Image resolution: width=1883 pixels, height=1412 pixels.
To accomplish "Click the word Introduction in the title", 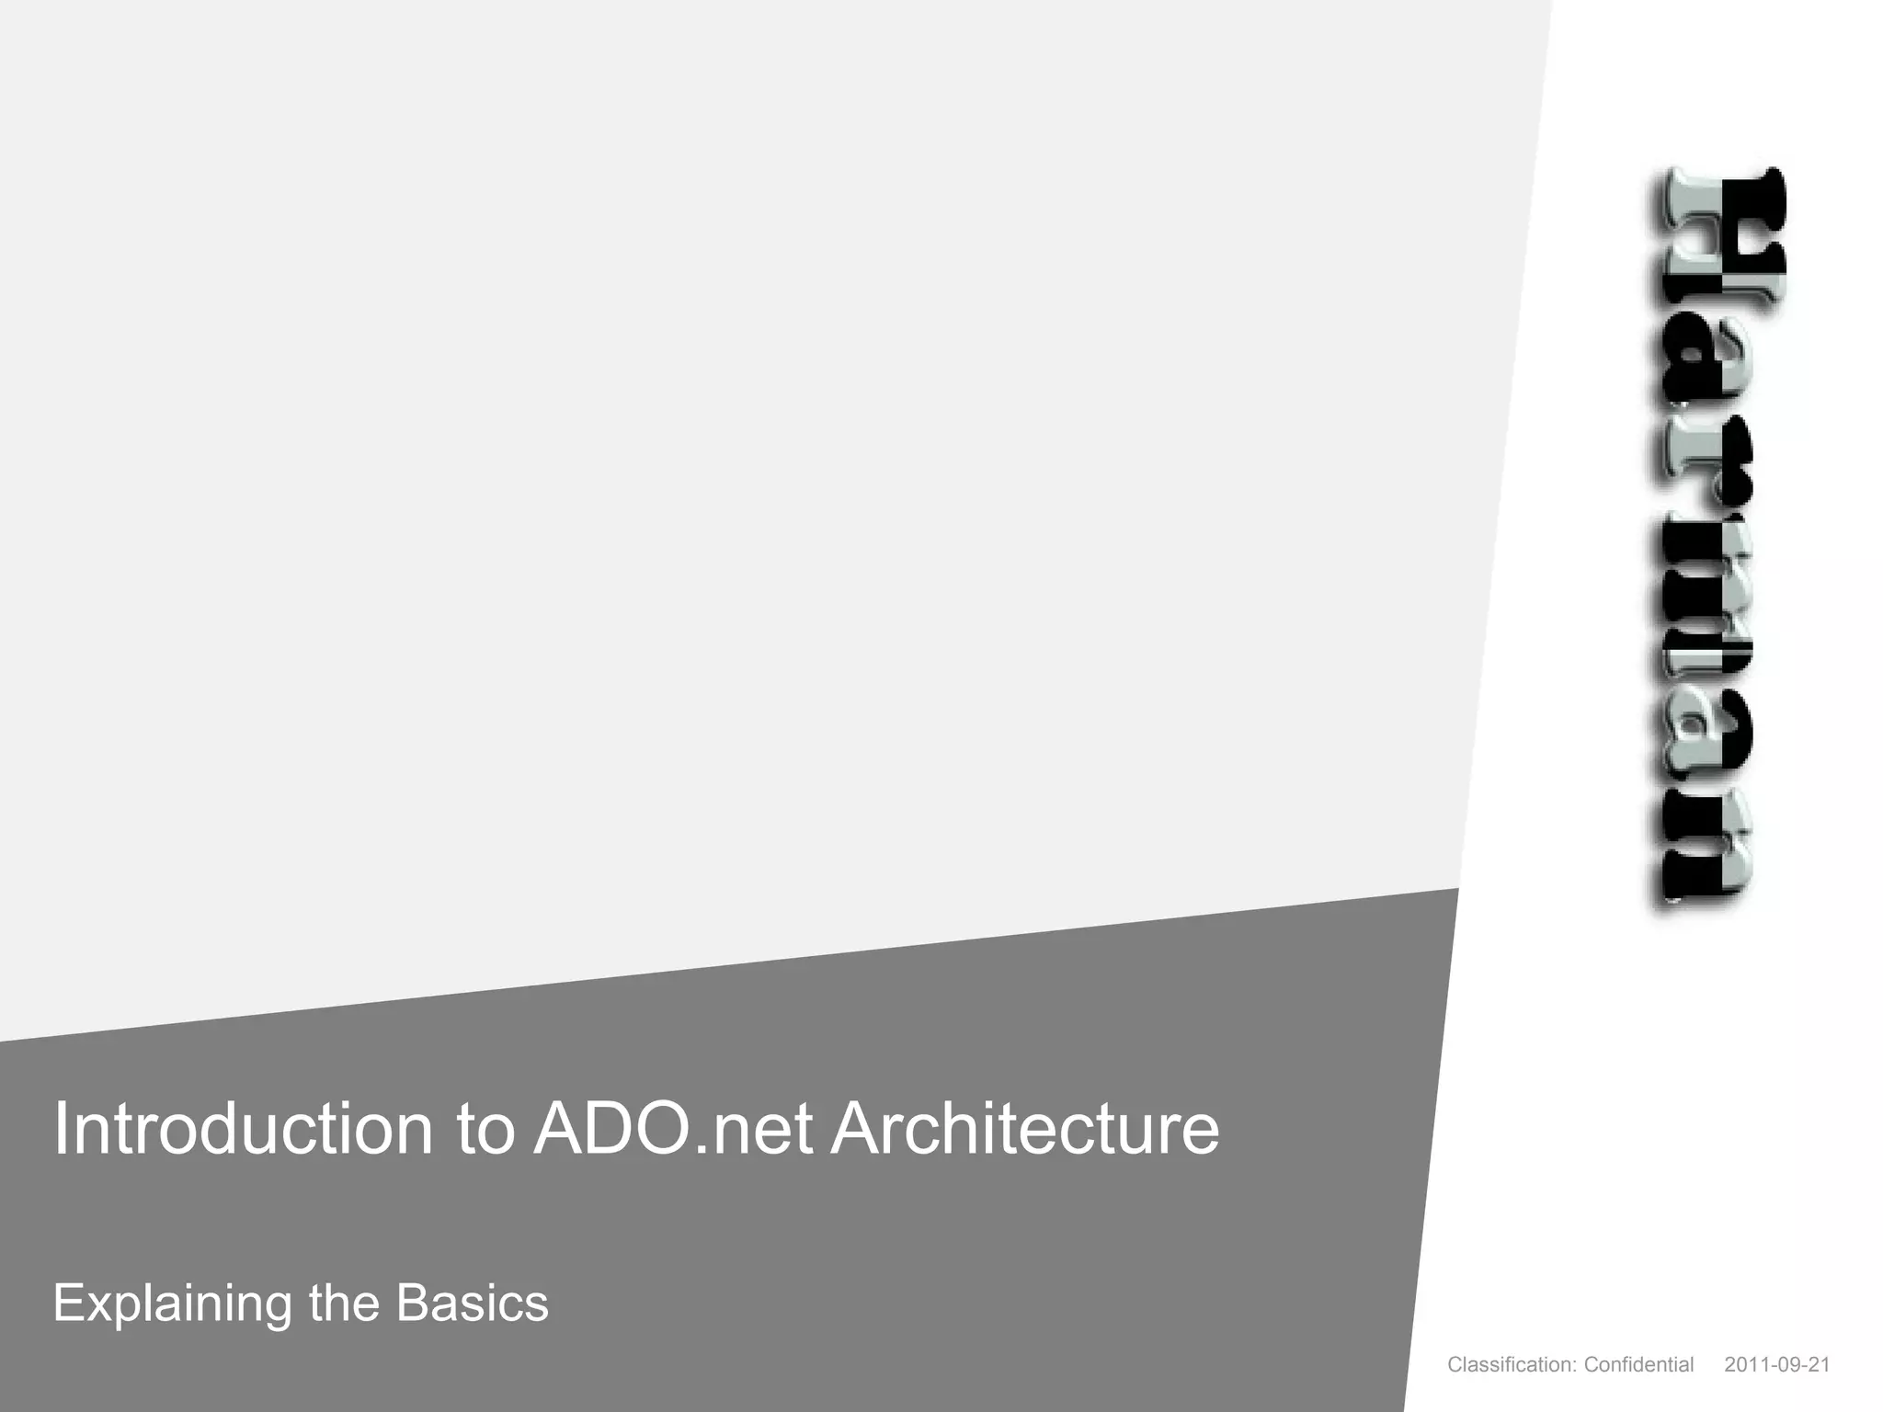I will [x=243, y=1129].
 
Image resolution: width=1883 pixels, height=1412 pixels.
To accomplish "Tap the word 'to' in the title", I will [x=485, y=1129].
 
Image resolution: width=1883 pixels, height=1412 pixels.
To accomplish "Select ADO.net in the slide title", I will [x=674, y=1129].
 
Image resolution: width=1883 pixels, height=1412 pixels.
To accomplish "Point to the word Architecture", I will [x=1024, y=1129].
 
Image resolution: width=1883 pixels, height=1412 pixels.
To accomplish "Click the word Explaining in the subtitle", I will [x=172, y=1304].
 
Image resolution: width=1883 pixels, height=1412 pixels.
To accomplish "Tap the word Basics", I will [x=473, y=1302].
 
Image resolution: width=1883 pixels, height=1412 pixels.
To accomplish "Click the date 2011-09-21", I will [x=1777, y=1365].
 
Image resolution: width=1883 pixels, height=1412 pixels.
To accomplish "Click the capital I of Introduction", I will [x=61, y=1129].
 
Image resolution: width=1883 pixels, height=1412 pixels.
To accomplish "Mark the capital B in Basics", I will [x=412, y=1302].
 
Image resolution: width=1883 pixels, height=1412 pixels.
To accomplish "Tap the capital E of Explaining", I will [x=68, y=1302].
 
